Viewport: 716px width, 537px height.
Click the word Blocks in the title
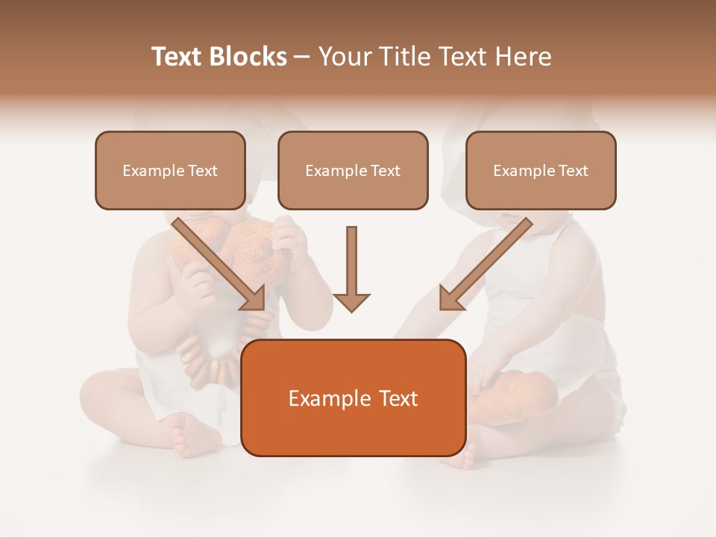pyautogui.click(x=249, y=57)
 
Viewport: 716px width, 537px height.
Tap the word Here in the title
pyautogui.click(x=524, y=57)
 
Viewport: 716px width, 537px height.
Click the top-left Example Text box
pyautogui.click(x=170, y=170)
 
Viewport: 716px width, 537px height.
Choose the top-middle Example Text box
pyautogui.click(x=353, y=170)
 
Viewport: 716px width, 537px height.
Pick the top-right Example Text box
pyautogui.click(x=541, y=170)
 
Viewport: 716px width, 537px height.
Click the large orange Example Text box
pyautogui.click(x=353, y=398)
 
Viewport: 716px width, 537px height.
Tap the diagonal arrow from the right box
pyautogui.click(x=485, y=264)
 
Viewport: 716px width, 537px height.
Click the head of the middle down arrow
pyautogui.click(x=351, y=301)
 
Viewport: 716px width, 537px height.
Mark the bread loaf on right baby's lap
pyautogui.click(x=522, y=395)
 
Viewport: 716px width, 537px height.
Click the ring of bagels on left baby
pyautogui.click(x=216, y=351)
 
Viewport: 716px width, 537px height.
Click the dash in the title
pyautogui.click(x=302, y=57)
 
